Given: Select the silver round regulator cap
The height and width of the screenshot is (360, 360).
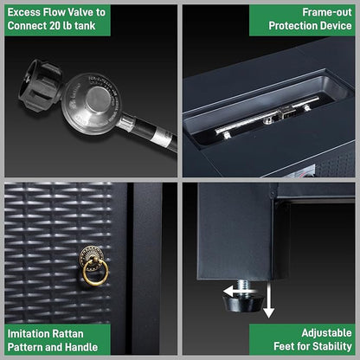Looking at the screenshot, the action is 98,99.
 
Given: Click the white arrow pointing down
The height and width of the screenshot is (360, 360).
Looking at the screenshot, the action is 268,300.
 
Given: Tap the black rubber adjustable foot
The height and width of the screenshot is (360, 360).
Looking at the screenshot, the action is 243,302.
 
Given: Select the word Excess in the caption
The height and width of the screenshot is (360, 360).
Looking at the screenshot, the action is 24,12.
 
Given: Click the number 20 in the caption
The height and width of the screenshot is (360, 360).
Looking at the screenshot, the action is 55,26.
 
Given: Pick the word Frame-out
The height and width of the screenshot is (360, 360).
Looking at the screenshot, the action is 327,12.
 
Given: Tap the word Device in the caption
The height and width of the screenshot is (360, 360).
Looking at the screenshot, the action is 336,26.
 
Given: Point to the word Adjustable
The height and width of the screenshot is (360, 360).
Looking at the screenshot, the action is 326,333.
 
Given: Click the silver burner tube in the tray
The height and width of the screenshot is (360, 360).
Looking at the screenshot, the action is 267,115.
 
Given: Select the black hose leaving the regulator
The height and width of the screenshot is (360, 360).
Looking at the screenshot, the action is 154,134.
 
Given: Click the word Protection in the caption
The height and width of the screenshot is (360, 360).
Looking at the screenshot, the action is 292,26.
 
